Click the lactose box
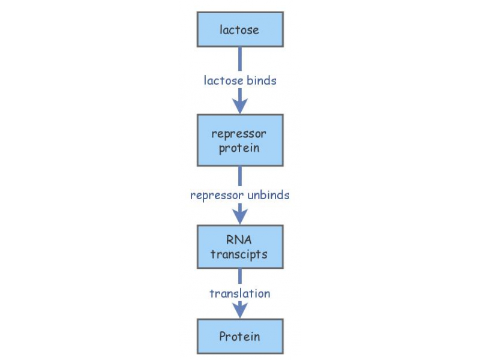240,29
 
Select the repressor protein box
240,140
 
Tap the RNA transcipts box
240,247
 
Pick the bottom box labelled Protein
240,336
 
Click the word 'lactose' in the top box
239,29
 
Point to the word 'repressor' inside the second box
239,134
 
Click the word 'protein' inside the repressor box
239,148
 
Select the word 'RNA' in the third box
239,239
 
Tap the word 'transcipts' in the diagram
239,254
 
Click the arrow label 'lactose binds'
240,80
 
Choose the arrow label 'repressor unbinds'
240,195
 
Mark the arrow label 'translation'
240,293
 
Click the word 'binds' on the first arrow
260,80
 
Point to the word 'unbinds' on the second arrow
268,195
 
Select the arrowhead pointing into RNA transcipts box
240,217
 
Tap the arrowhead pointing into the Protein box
240,310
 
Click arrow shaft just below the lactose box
240,59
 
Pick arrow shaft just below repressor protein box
240,176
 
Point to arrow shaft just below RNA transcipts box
240,276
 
